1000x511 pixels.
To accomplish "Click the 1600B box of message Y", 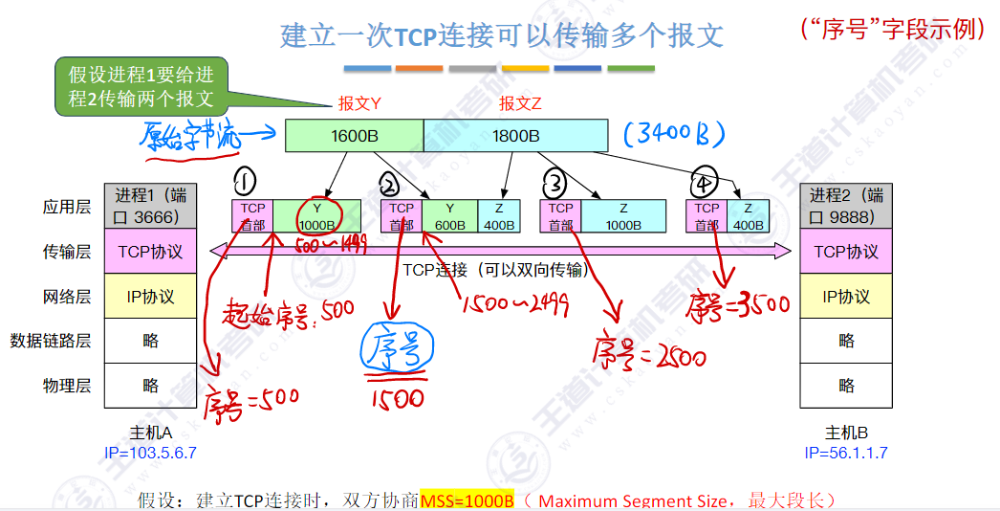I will (x=354, y=136).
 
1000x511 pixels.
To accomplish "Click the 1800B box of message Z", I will (x=515, y=136).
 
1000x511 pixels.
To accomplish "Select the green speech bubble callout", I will (x=140, y=85).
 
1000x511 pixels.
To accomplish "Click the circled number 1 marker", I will (x=247, y=182).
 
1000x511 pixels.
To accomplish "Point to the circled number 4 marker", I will (x=706, y=182).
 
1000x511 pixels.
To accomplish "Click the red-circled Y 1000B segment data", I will (x=317, y=216).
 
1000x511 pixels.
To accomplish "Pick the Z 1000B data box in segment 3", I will (x=622, y=216).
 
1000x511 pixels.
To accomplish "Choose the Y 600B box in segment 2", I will (x=450, y=216).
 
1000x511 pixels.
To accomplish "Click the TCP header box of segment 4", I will (x=707, y=216).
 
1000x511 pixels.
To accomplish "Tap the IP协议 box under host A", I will (x=150, y=296).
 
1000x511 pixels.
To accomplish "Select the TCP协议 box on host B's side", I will (x=846, y=252).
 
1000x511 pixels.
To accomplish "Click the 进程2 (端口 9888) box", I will (x=846, y=206).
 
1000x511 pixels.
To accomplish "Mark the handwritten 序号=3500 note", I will (x=740, y=304).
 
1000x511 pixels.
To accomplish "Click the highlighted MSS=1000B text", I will (x=467, y=500).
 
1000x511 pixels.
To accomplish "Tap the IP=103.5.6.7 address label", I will (x=150, y=452).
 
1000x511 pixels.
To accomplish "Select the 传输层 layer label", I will (x=67, y=252).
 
